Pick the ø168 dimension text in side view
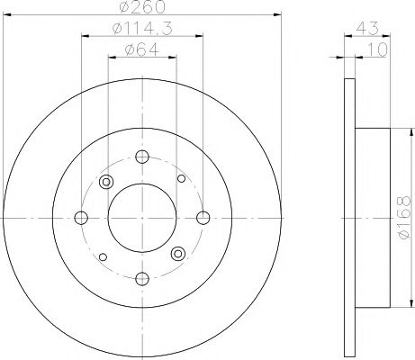401,218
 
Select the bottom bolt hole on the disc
142,278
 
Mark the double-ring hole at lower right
178,254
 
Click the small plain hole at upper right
181,178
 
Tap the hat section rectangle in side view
374,218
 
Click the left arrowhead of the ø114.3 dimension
85,39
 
